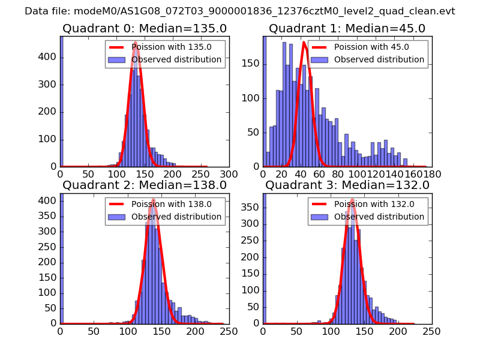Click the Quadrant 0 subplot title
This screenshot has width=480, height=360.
pos(144,28)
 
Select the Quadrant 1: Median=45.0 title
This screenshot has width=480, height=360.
pos(347,28)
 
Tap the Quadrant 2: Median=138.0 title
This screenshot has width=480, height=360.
pos(144,185)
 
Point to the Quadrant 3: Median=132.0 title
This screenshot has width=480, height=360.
pos(347,185)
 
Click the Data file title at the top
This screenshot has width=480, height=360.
pos(240,11)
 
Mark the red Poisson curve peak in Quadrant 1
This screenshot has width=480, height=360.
pos(304,42)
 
